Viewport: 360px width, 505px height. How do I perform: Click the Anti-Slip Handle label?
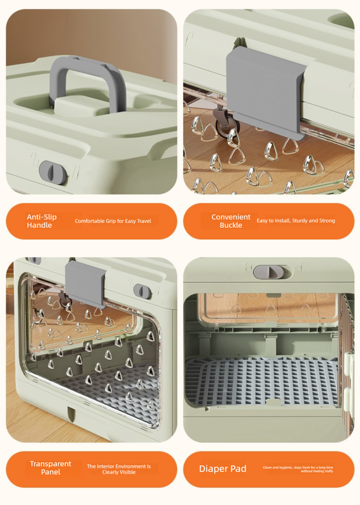click(x=41, y=221)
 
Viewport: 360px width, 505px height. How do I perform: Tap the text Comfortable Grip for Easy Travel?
click(x=113, y=221)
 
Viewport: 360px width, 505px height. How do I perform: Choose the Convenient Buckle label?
click(x=231, y=221)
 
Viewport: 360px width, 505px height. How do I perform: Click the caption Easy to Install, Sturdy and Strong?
click(x=296, y=221)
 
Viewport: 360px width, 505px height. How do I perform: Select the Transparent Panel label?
click(x=50, y=468)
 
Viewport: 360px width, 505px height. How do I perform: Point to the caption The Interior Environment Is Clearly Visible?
click(x=119, y=469)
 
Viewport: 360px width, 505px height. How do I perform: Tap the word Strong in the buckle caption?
click(x=327, y=221)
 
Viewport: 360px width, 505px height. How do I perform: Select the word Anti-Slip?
click(x=41, y=217)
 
